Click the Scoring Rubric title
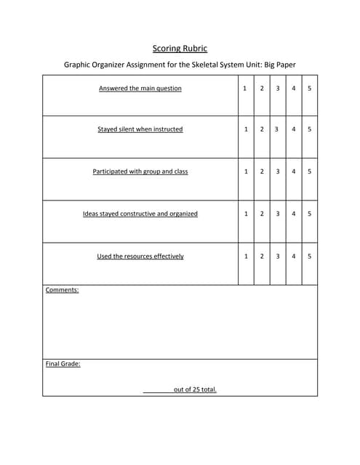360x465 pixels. point(180,49)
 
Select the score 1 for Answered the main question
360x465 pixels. point(245,89)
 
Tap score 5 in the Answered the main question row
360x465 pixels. point(309,89)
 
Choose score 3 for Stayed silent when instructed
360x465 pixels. point(277,129)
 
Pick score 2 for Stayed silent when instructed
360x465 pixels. point(261,129)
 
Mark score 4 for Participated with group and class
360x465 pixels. point(293,171)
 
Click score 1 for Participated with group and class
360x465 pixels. point(245,171)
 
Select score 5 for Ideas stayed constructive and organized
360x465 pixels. point(309,214)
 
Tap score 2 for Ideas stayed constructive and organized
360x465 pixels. point(261,214)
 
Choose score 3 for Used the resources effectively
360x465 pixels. point(277,256)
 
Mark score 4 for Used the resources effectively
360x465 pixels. point(293,256)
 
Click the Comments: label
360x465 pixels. point(62,290)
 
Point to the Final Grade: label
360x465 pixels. point(63,364)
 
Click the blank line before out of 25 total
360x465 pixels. point(157,390)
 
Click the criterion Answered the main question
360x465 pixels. point(140,89)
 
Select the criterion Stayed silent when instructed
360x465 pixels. point(140,129)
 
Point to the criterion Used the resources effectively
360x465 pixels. point(140,256)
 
